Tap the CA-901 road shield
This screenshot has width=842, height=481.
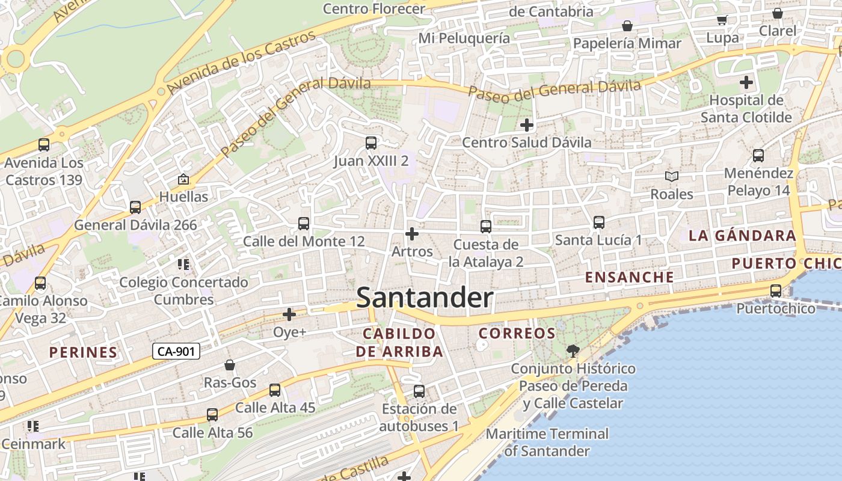(176, 351)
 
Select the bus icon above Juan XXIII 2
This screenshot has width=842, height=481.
(371, 143)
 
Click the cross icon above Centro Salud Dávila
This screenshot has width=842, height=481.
(527, 125)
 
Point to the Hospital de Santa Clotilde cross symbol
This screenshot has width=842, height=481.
(746, 82)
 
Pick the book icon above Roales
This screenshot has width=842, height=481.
(671, 177)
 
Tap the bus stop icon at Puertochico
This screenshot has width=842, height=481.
(776, 291)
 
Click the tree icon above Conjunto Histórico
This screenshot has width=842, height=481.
(573, 351)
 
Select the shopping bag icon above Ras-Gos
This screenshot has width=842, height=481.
(230, 365)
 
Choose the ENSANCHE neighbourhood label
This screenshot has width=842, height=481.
(630, 277)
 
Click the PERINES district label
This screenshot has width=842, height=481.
(83, 352)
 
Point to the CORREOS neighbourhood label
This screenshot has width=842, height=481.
(517, 333)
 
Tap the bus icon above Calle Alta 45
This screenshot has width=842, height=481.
(275, 390)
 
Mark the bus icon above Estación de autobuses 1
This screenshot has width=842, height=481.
(419, 391)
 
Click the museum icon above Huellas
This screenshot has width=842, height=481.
(183, 179)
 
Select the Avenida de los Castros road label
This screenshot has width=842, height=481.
(242, 63)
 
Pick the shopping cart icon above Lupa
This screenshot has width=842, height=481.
(722, 20)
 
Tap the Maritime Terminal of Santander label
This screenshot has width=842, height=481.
(547, 442)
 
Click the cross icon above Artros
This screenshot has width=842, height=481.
(412, 233)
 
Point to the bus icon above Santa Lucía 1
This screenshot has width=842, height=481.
(598, 222)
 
